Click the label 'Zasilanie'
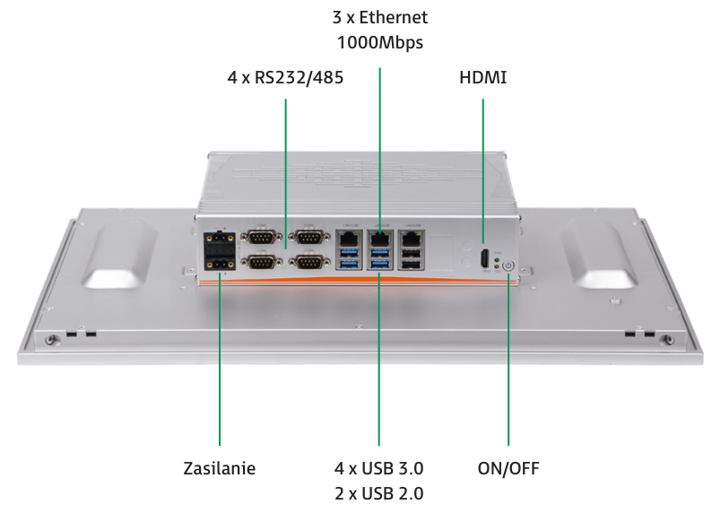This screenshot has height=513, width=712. [220, 468]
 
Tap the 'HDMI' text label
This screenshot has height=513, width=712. [482, 77]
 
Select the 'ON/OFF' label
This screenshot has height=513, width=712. [508, 468]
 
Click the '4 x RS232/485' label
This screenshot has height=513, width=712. [285, 77]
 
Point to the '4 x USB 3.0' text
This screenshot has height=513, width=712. [378, 468]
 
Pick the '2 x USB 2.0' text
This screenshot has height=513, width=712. [378, 493]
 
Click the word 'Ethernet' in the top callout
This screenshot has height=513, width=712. [394, 17]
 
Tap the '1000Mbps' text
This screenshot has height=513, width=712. [379, 42]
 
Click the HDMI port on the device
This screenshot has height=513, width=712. [485, 259]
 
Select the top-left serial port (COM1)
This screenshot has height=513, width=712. [261, 237]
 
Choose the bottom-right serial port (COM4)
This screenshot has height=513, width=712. [309, 263]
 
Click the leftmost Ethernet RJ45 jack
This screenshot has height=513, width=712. [348, 238]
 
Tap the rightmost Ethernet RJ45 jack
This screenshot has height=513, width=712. [411, 238]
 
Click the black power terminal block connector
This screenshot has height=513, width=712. [220, 251]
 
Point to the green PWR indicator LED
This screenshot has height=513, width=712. [497, 260]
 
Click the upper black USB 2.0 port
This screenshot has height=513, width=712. [412, 254]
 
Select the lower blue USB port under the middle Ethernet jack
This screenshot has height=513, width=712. [379, 265]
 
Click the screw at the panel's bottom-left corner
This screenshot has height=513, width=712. [51, 340]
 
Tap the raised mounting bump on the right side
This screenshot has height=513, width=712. [598, 253]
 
